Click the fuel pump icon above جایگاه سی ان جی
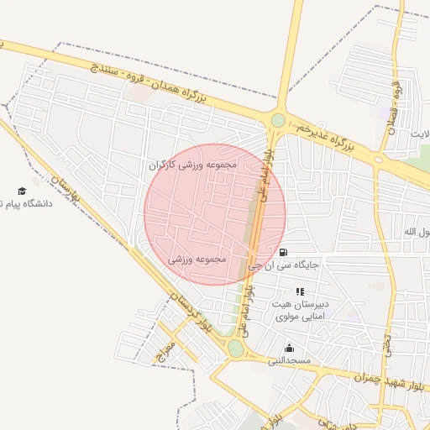tap(283, 252)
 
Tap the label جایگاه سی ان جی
tap(291, 265)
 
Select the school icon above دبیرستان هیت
tap(300, 291)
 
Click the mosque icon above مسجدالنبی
tap(290, 348)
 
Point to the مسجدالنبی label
tap(290, 361)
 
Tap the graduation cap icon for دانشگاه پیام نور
tap(22, 191)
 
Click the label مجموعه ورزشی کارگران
tap(192, 165)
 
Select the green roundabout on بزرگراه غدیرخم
tap(278, 121)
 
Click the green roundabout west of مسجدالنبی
tap(236, 348)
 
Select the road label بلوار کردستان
tap(191, 316)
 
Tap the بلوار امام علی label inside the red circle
tap(263, 171)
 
